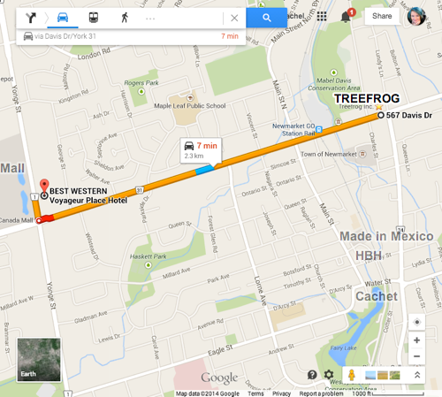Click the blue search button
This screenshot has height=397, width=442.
coord(266,17)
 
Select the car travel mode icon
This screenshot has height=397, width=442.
coord(64,17)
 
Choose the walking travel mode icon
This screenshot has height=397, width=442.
coord(124,17)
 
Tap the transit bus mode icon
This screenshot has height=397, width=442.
coord(94,17)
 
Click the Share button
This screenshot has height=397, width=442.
coord(382,16)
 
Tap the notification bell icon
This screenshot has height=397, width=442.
coord(346,17)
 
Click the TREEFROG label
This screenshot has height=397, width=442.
coord(366,98)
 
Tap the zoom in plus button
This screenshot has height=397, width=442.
coord(416,340)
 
